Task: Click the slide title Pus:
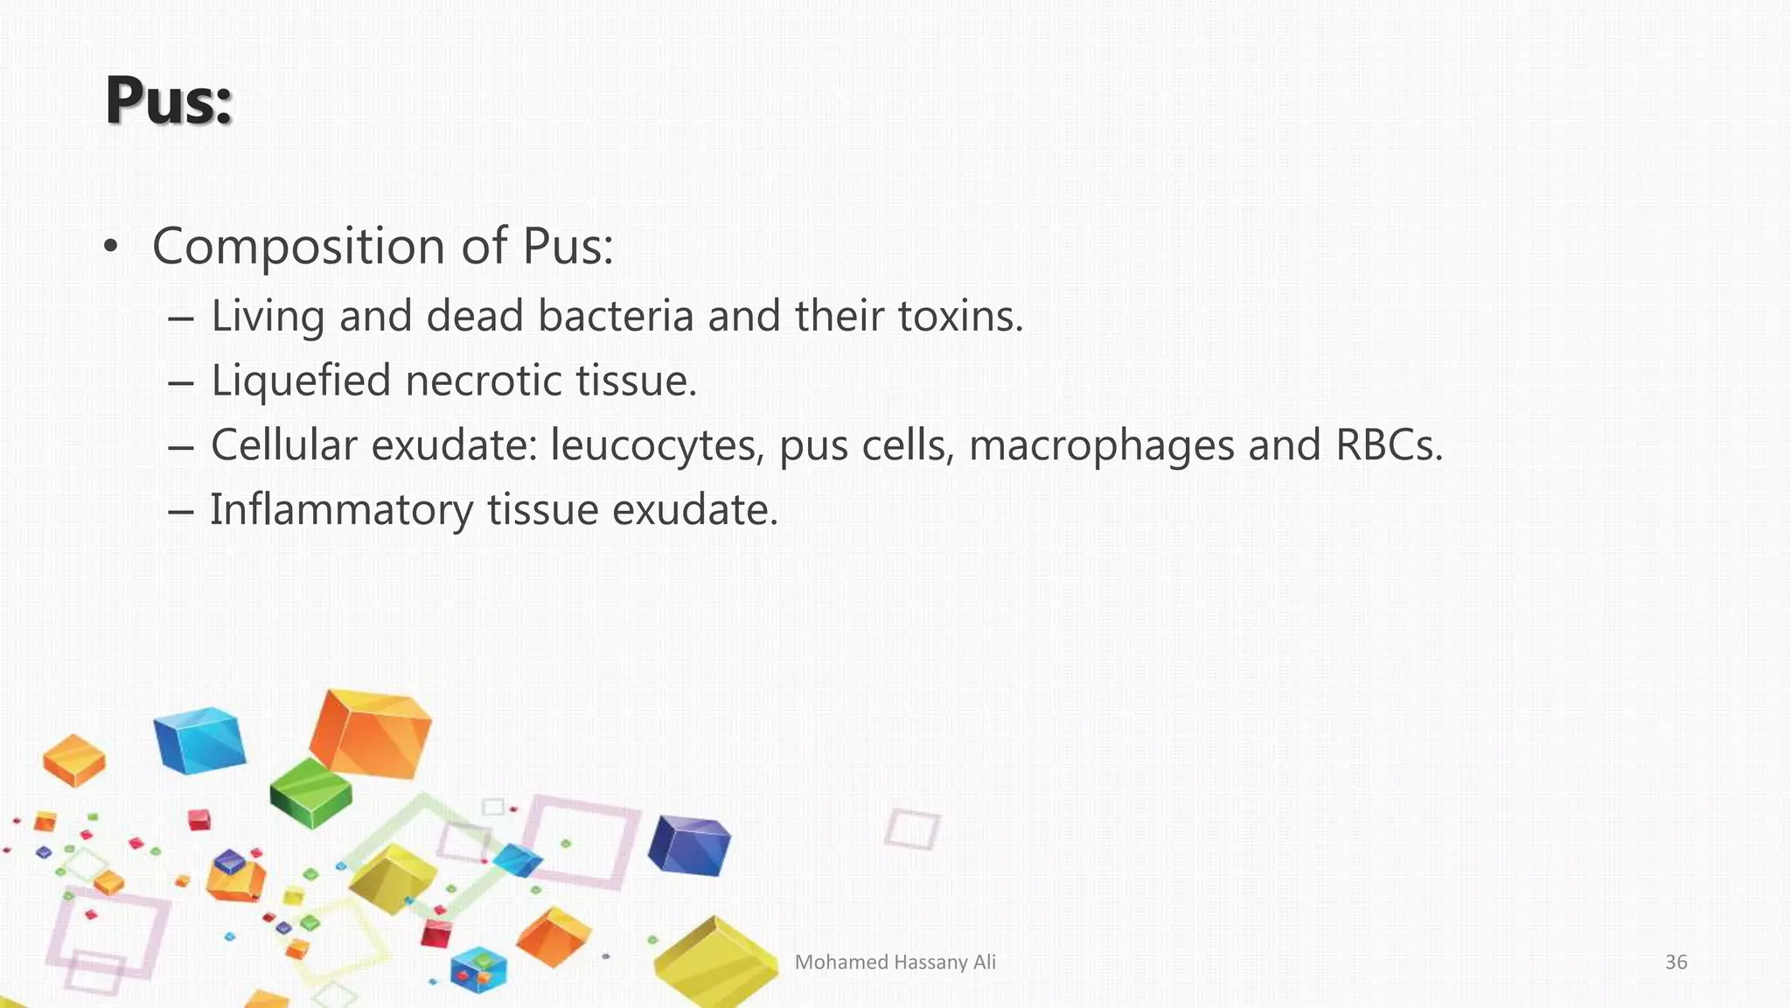tap(169, 101)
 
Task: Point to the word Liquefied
tap(301, 381)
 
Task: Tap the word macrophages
tap(1101, 445)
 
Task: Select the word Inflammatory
tap(341, 510)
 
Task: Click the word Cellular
tap(284, 445)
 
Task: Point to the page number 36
tap(1676, 962)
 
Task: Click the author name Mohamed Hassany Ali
tap(895, 962)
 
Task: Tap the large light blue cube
tap(199, 740)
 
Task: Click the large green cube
tap(310, 792)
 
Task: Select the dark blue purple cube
tap(689, 844)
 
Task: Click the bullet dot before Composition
tap(109, 247)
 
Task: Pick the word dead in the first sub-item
tap(474, 315)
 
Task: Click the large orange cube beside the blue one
tap(371, 733)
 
